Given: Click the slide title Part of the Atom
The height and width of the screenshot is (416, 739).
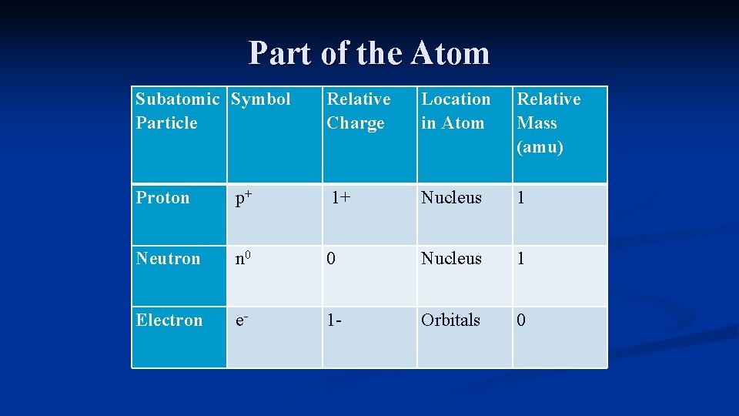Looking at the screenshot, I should (369, 53).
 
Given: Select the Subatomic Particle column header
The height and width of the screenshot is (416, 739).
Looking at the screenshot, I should (177, 111).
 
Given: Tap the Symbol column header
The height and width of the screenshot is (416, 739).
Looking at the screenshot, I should (261, 99).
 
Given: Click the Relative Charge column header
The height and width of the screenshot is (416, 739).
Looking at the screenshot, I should (358, 111).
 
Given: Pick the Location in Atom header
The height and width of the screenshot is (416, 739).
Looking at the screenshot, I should (455, 111).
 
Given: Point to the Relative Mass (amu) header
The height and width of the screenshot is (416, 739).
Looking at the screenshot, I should (548, 122).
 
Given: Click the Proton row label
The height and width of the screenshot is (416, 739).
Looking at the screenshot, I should (162, 198).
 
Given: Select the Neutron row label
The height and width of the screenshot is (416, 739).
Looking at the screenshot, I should (168, 259).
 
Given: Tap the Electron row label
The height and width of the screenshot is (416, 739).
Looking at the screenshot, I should (169, 320).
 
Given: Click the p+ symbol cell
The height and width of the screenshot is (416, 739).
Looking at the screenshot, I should (244, 198).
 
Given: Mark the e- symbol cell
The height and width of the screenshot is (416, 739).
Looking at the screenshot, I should (242, 320).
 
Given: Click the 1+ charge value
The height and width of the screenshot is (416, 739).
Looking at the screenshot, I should (341, 198).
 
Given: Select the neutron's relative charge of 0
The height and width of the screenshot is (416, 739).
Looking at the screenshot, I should (331, 259).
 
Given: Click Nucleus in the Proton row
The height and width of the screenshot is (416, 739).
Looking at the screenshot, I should (451, 198).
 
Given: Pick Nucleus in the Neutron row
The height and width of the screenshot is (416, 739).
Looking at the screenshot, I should (451, 259).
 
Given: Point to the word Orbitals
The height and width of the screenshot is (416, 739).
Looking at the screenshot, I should (450, 320).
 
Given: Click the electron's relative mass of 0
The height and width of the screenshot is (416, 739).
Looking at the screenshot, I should (521, 320).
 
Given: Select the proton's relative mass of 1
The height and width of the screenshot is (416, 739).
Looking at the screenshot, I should (521, 198).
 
